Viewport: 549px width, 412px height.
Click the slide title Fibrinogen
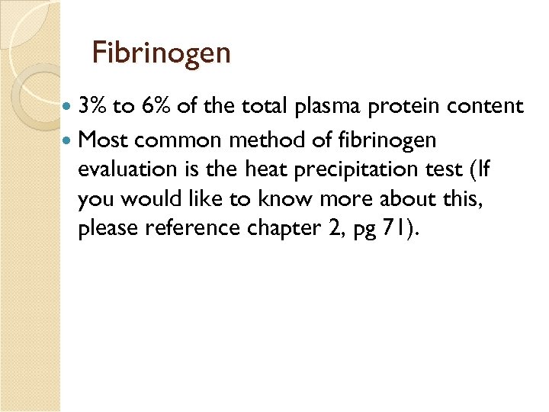[161, 53]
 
